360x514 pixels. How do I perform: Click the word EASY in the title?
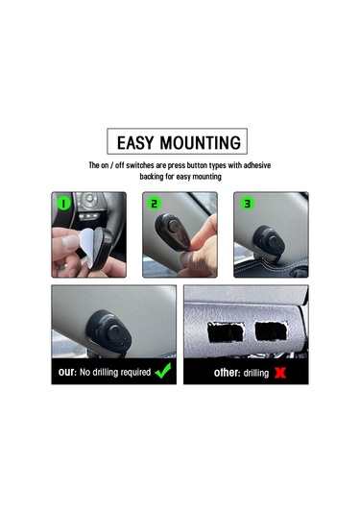pos(135,142)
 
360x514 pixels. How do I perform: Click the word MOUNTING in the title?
pos(200,142)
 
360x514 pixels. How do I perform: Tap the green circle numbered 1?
pos(64,204)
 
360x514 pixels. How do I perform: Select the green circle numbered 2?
pos(155,204)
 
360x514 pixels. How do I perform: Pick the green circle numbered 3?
pos(247,204)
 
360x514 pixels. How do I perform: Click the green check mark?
pos(163,371)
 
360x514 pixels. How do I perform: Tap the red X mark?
pos(280,373)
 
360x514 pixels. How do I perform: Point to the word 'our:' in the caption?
pos(67,372)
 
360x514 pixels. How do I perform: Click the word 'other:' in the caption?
pos(227,373)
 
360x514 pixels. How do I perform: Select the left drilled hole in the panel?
pos(226,332)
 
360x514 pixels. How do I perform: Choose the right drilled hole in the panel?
pos(272,331)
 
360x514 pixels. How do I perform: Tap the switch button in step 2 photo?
pos(174,226)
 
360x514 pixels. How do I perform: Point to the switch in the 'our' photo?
pos(109,330)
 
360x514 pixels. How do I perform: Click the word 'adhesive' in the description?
pos(257,165)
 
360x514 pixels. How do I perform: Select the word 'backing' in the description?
pos(152,177)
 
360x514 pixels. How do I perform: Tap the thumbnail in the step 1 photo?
pos(70,242)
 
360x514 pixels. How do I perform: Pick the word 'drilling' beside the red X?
pos(256,373)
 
